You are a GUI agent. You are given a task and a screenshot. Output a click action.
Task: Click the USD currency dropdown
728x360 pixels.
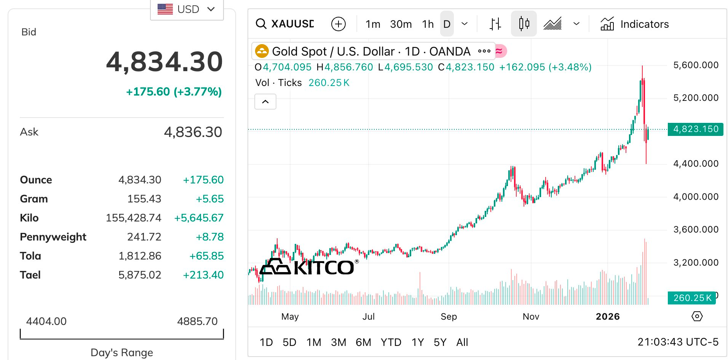pos(187,9)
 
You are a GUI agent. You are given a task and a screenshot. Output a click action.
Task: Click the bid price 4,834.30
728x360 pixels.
pos(164,62)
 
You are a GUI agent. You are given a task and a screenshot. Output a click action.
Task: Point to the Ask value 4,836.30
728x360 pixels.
pos(193,132)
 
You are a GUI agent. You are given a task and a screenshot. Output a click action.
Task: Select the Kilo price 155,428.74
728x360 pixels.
pos(133,218)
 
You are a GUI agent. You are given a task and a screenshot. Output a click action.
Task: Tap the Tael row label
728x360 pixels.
pos(30,275)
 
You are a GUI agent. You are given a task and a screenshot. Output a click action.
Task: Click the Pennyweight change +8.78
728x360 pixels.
pos(209,237)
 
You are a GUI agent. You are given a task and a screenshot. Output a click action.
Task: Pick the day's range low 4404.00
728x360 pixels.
pos(46,321)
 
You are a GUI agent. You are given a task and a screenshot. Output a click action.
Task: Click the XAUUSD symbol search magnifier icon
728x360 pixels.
pos(261,24)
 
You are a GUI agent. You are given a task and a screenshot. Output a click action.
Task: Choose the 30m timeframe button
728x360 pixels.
pos(401,24)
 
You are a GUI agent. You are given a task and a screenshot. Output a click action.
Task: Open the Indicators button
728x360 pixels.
pos(635,24)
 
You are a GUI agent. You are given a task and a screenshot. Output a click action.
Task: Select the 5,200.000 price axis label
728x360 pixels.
pos(696,98)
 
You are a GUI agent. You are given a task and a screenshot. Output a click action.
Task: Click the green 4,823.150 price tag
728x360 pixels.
pos(695,129)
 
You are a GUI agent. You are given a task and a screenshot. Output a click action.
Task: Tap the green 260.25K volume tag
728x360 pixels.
pos(691,298)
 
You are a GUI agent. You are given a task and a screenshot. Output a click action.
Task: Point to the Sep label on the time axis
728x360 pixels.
pos(449,317)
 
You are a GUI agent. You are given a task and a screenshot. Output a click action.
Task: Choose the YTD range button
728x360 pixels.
pos(391,342)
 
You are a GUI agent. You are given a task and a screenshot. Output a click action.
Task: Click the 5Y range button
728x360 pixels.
pos(440,342)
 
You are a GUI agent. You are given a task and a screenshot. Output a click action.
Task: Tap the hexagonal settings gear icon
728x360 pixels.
pos(697,316)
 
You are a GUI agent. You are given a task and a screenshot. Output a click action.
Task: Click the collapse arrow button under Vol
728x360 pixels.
pos(265,102)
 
